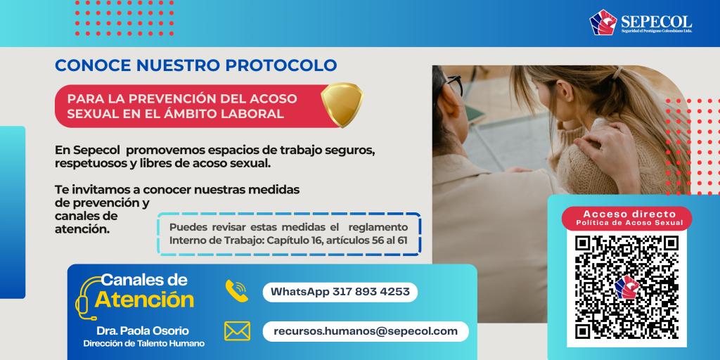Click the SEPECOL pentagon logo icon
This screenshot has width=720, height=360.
click(x=603, y=22)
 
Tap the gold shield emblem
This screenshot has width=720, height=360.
click(x=342, y=104)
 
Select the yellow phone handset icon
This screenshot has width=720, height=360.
click(x=236, y=290)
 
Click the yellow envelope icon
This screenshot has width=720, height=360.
click(x=237, y=331)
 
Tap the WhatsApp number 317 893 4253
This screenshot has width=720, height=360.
click(x=371, y=292)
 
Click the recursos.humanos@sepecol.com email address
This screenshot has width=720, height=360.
click(x=366, y=331)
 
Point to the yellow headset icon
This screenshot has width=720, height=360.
click(x=87, y=298)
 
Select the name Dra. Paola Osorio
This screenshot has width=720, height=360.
click(x=142, y=331)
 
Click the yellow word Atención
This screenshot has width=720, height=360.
click(x=144, y=300)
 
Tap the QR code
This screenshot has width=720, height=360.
click(x=626, y=287)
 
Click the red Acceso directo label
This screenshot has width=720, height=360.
click(x=626, y=219)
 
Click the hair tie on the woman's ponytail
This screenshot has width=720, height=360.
click(x=618, y=73)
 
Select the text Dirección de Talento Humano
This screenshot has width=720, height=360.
click(x=143, y=343)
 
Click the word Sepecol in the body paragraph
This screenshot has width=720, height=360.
click(x=97, y=150)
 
